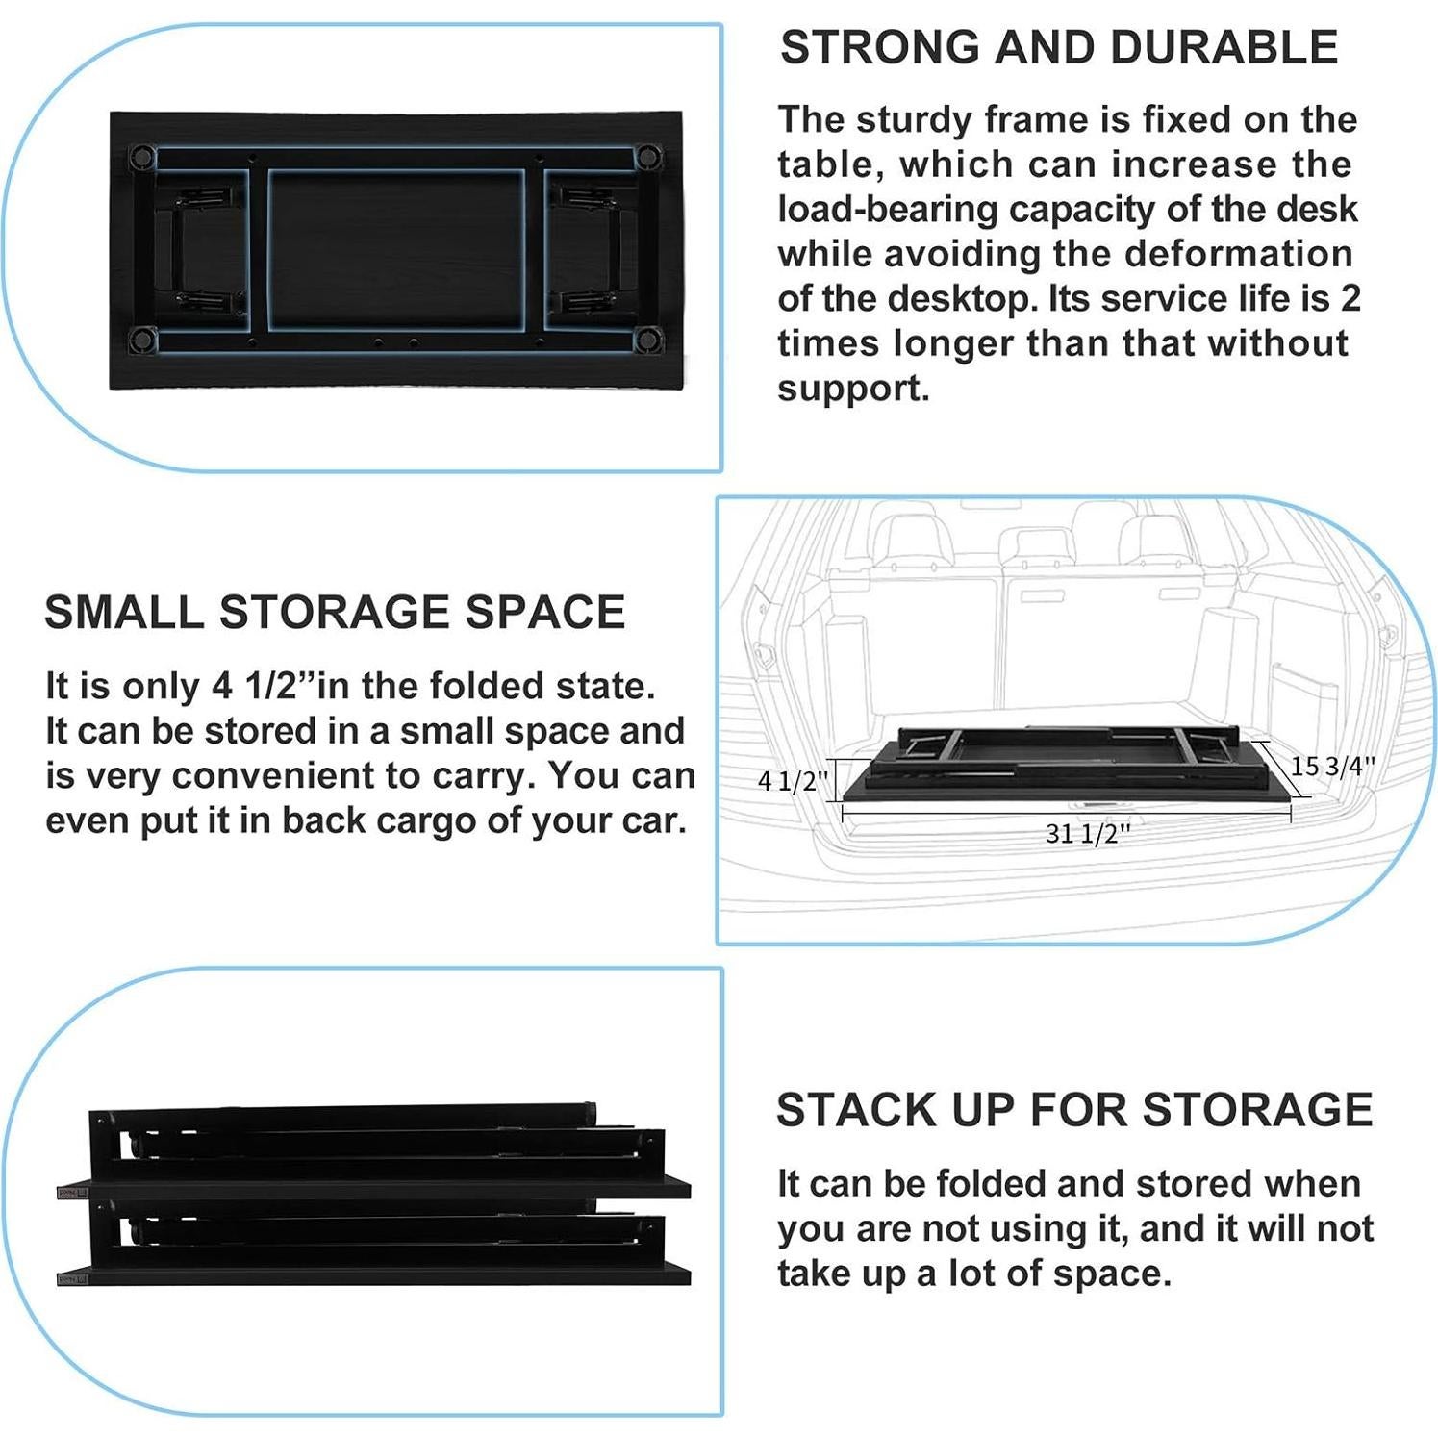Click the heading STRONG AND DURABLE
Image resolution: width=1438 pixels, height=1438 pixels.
(1059, 47)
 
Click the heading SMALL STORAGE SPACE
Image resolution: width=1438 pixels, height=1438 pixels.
(335, 613)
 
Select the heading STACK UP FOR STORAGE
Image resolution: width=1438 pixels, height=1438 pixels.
(1074, 1110)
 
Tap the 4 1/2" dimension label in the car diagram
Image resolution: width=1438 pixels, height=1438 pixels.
(793, 781)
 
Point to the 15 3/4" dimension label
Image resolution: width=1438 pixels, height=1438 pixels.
(1332, 767)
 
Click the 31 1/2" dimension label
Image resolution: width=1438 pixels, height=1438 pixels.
(1087, 833)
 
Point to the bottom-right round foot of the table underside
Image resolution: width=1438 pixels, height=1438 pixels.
(649, 338)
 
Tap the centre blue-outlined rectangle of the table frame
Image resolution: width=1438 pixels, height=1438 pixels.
(395, 250)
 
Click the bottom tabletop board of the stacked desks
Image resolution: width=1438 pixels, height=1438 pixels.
(375, 1275)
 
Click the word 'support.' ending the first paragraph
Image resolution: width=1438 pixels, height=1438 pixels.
(853, 389)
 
